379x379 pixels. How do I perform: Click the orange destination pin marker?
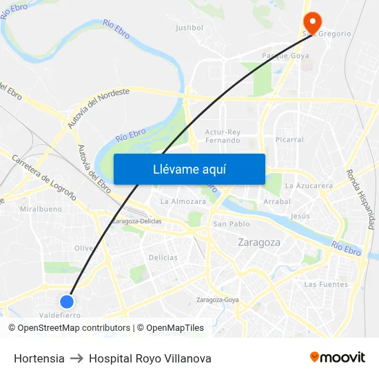(310, 20)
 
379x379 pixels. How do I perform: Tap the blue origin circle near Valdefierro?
(67, 301)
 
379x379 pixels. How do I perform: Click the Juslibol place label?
(189, 28)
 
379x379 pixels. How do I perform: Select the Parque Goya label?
(285, 55)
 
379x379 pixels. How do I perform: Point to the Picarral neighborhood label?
(289, 139)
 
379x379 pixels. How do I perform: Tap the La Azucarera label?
(309, 185)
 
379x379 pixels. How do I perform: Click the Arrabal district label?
(277, 202)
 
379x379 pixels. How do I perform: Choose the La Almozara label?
(183, 202)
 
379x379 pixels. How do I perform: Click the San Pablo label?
(231, 224)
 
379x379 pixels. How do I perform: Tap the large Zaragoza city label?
(258, 243)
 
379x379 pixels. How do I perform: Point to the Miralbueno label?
(41, 208)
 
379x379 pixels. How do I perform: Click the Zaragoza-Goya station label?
(217, 300)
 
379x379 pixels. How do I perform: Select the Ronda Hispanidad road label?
(360, 199)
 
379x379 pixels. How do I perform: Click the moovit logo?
(337, 357)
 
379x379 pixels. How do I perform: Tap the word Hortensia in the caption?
(39, 358)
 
